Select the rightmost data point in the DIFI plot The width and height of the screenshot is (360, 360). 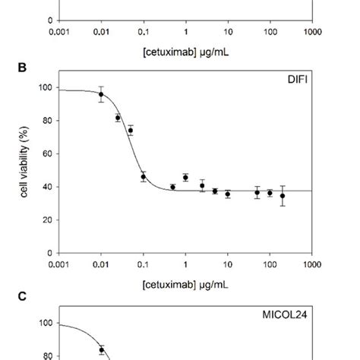point(283,196)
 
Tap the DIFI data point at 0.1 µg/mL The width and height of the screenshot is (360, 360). point(143,177)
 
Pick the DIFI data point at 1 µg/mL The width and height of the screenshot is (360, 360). point(185,178)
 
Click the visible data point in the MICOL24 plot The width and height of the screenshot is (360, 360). point(101,350)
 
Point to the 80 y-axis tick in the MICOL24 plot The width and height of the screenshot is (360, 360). point(47,355)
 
